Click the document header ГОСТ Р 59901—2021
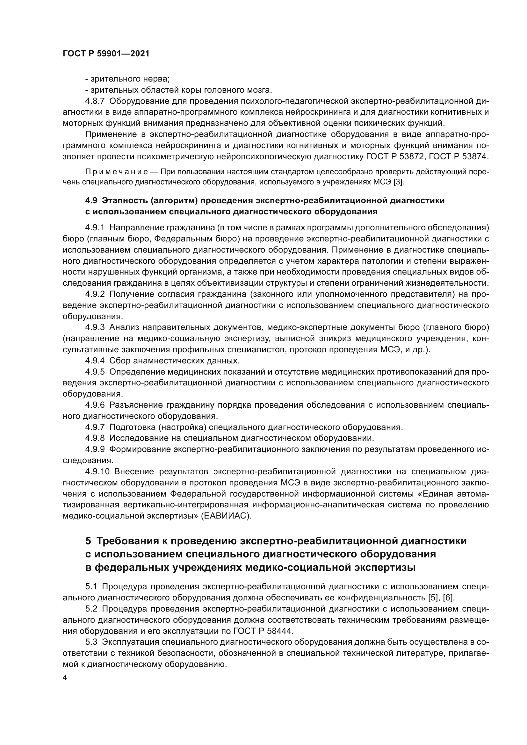point(106,54)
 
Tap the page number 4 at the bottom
point(65,678)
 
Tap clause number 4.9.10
point(97,471)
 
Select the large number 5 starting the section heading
point(88,541)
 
